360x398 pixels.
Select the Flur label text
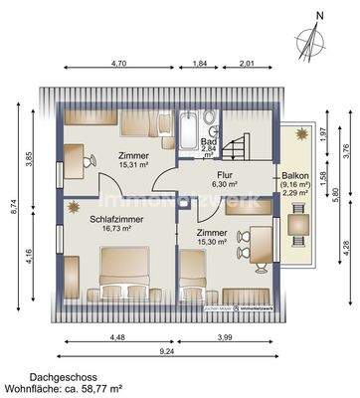225,173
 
